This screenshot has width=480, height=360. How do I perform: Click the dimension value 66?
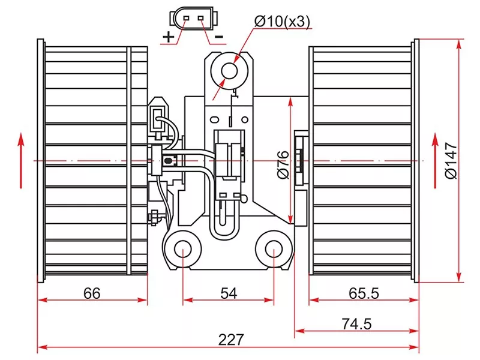click(91, 293)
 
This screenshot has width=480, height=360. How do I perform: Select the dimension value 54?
click(229, 293)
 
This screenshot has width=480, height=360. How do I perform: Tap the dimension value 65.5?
click(364, 293)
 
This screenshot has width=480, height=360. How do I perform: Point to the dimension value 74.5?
click(356, 324)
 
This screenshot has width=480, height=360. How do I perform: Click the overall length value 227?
click(231, 340)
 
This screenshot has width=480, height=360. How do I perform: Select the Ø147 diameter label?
click(451, 160)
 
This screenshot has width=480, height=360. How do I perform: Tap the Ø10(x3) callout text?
click(282, 22)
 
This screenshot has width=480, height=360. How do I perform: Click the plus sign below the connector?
click(169, 37)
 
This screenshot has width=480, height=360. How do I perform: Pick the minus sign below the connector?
click(219, 37)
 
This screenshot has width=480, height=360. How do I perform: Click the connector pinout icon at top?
click(193, 17)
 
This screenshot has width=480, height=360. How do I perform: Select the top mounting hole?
click(230, 70)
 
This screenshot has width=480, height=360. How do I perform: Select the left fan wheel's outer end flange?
click(41, 160)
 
